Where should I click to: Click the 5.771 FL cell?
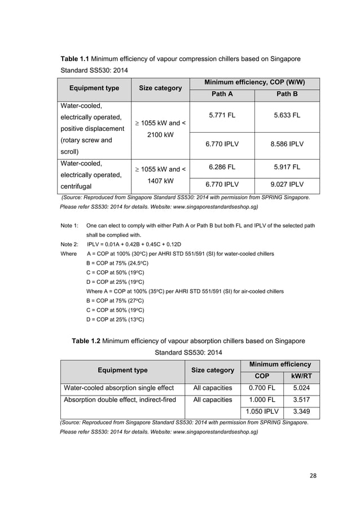[x=222, y=116]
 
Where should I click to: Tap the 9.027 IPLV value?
[x=287, y=184]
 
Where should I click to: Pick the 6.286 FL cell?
[x=222, y=167]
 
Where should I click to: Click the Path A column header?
[x=222, y=94]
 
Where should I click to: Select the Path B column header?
[x=287, y=94]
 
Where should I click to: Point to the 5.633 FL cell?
[x=287, y=116]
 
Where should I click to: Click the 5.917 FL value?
[x=287, y=167]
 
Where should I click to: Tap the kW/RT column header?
[x=298, y=375]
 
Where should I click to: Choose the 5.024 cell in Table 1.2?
[x=298, y=388]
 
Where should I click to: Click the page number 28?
[x=313, y=475]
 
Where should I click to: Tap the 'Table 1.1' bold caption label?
[x=74, y=59]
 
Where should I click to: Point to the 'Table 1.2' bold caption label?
[x=87, y=341]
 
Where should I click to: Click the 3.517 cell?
[x=298, y=400]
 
